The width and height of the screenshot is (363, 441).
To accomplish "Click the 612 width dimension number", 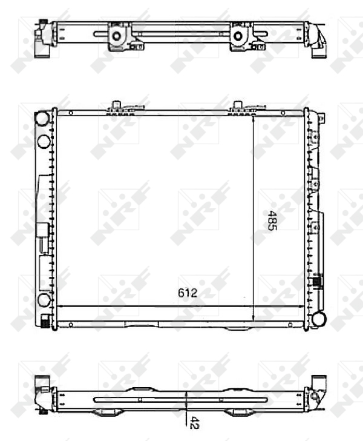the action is (188, 293).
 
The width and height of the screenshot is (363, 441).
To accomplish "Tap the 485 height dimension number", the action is (272, 220).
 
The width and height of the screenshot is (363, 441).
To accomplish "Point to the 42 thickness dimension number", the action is (194, 422).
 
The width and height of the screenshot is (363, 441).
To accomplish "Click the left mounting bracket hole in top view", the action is (116, 36).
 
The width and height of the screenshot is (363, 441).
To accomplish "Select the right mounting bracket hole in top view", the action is (238, 36).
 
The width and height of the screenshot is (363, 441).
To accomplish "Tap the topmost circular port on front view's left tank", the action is (42, 118).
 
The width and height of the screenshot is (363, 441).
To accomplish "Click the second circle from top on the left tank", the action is (44, 142).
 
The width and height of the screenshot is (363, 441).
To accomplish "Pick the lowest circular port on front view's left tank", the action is (44, 300).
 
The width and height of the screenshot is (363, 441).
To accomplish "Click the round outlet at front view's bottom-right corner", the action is (319, 319).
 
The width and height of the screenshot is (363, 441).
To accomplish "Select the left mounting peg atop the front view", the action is (116, 104).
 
